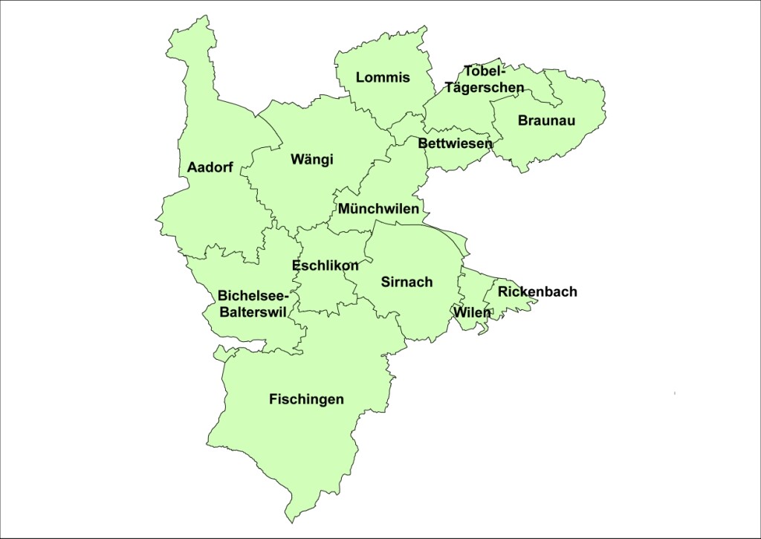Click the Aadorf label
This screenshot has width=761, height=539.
pyautogui.click(x=210, y=167)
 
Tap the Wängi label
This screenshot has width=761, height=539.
pyautogui.click(x=312, y=159)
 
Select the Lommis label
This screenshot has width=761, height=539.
pyautogui.click(x=383, y=77)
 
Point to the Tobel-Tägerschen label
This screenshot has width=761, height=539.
pyautogui.click(x=485, y=79)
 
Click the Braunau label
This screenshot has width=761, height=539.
pyautogui.click(x=547, y=120)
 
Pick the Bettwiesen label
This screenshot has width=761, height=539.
pyautogui.click(x=455, y=143)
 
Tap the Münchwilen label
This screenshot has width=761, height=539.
pyautogui.click(x=378, y=209)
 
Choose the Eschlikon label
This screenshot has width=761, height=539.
pyautogui.click(x=326, y=265)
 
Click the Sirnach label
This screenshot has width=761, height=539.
pyautogui.click(x=407, y=282)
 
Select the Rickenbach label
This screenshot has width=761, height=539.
pyautogui.click(x=537, y=291)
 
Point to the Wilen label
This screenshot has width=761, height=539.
pyautogui.click(x=473, y=312)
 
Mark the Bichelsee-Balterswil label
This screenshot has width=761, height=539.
pyautogui.click(x=253, y=304)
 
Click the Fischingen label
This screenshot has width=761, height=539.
pyautogui.click(x=306, y=399)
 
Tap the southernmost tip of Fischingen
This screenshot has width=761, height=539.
pyautogui.click(x=293, y=521)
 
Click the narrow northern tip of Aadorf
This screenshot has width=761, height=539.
pyautogui.click(x=201, y=18)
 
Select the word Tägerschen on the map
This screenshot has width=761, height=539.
pyautogui.click(x=485, y=87)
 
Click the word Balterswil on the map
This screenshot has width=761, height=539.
pyautogui.click(x=253, y=312)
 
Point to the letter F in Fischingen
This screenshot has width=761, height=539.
pyautogui.click(x=273, y=399)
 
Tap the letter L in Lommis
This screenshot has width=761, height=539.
pyautogui.click(x=360, y=77)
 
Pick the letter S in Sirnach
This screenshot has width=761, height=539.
pyautogui.click(x=386, y=282)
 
